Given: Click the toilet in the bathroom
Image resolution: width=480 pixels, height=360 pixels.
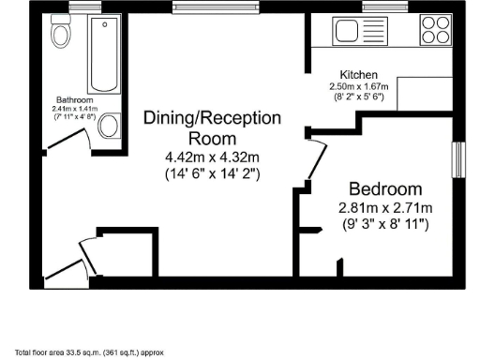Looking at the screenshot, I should [x=62, y=34].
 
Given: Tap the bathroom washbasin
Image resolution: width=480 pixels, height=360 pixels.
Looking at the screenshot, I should [x=109, y=125].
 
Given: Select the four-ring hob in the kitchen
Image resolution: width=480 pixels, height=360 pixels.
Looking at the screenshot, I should [x=435, y=29].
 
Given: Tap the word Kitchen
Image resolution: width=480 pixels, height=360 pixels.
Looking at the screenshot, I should [x=359, y=74].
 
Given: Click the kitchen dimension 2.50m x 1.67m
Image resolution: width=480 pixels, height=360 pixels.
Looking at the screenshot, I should [x=364, y=84].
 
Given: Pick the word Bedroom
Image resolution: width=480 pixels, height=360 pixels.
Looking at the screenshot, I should [x=385, y=187].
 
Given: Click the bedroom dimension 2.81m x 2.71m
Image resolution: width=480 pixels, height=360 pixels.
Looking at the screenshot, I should [x=385, y=207].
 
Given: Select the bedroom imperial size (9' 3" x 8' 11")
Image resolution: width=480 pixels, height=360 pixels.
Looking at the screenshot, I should [x=385, y=225].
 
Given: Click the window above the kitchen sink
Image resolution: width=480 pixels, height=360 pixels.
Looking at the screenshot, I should [x=377, y=7].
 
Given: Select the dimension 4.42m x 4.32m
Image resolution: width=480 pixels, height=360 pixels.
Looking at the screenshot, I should [x=212, y=156].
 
